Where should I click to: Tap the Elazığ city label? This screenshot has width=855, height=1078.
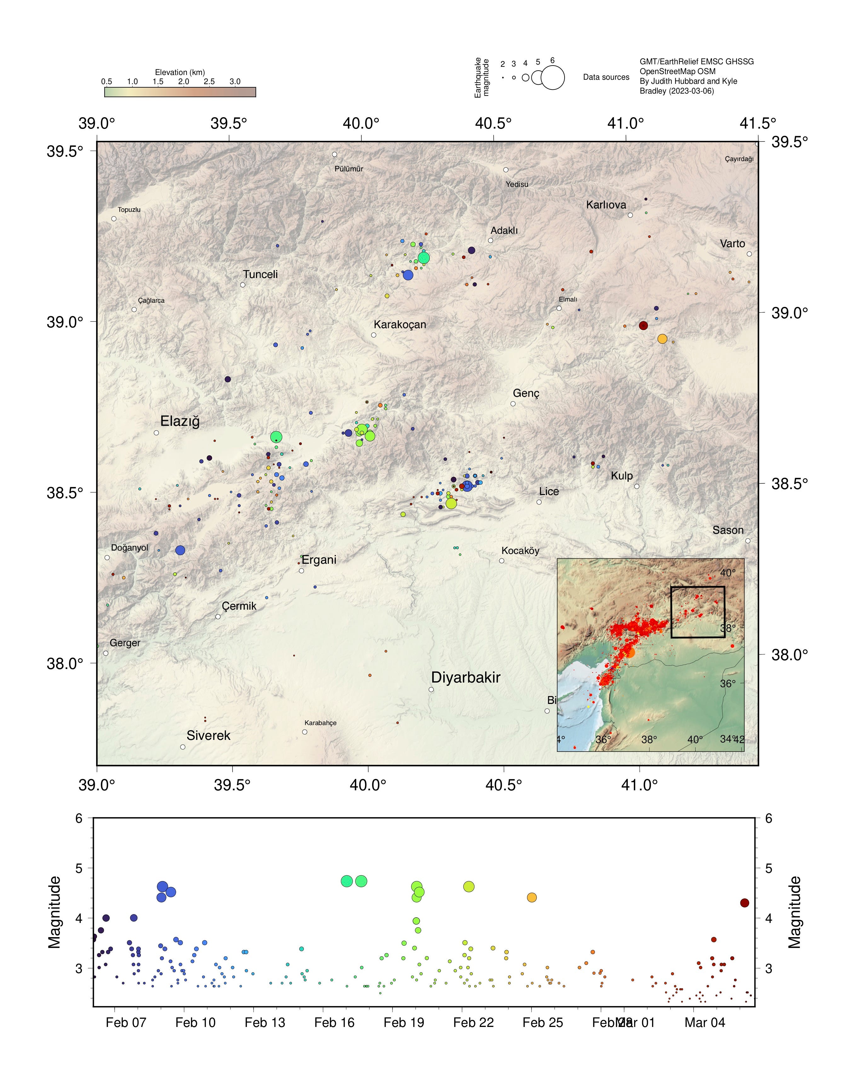180,421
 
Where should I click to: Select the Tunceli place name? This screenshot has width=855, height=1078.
260,274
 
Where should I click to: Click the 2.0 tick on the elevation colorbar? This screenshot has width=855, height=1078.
183,82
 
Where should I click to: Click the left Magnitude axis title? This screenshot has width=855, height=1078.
54,913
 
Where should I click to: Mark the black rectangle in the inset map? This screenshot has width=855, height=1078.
697,612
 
